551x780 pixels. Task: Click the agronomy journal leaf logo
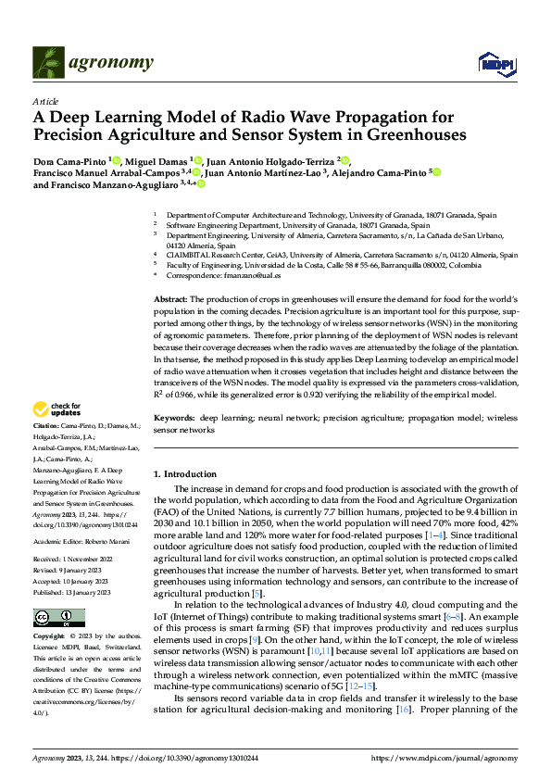point(49,62)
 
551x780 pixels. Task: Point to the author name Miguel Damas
point(156,159)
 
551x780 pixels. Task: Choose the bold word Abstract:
point(169,300)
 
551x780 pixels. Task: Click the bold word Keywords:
point(173,420)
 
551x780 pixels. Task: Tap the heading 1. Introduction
point(184,472)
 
